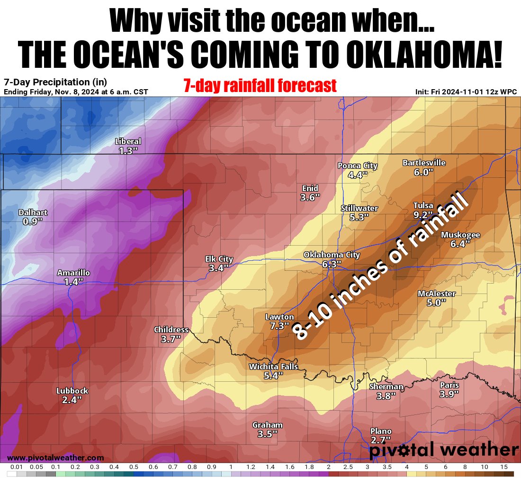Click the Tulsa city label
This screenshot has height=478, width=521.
pos(423,205)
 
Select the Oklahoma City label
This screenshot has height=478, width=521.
pos(332,255)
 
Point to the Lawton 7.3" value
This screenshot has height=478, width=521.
pos(279,326)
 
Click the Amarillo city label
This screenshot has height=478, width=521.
pos(73,273)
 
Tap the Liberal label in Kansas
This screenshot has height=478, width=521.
pos(128,141)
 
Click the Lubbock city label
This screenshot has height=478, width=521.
pos(72,391)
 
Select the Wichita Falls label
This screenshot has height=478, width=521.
pos(273,367)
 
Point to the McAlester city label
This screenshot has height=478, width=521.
pos(436,294)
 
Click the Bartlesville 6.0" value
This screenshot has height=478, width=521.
pos(423,172)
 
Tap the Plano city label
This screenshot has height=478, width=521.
pos(381,431)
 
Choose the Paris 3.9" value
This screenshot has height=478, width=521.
pos(449,394)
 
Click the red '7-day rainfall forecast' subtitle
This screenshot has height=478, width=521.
pos(260,85)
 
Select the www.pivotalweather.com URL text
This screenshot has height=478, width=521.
pos(56,458)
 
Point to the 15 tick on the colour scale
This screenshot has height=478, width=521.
pos(503,467)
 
